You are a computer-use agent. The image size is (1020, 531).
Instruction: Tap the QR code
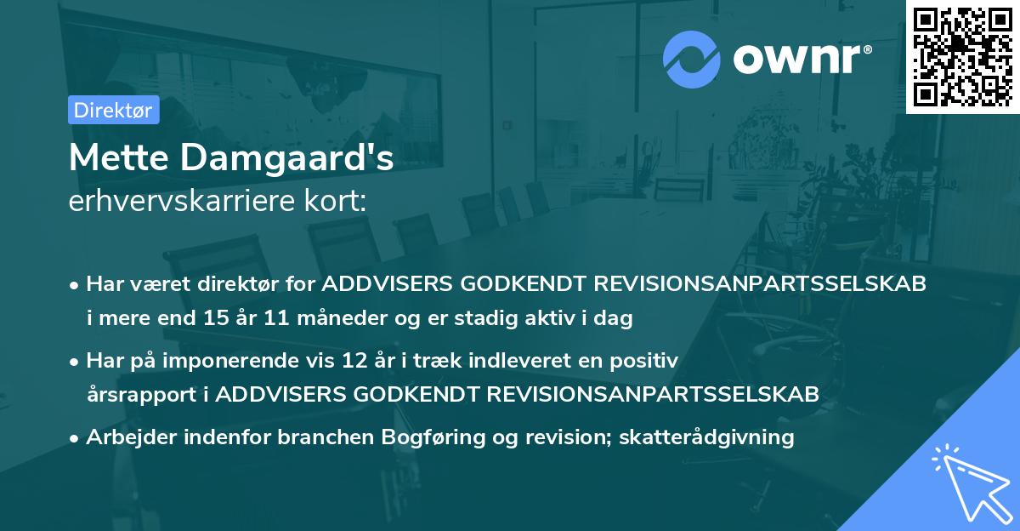962,57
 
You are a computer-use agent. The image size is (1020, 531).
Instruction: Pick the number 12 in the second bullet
351,361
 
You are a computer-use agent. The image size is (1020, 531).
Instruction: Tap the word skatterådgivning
708,437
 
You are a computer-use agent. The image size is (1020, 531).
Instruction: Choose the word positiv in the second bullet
648,361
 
